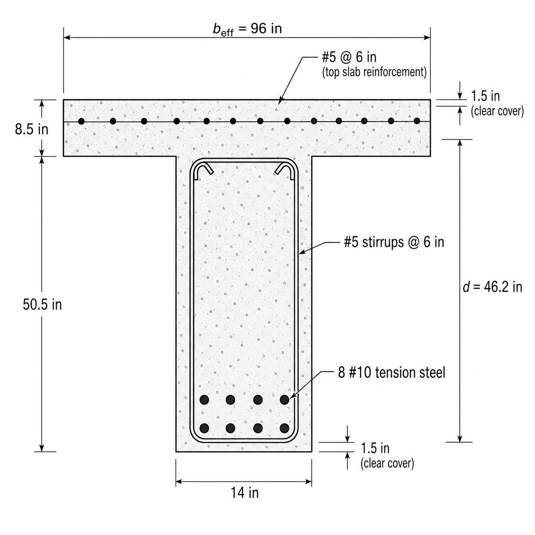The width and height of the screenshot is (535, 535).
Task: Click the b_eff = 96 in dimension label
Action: [x=247, y=29]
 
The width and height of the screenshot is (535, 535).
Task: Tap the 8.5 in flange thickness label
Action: [x=32, y=130]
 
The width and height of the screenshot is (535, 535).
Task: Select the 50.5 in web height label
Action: [x=42, y=305]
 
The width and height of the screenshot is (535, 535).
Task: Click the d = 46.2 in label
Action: [x=492, y=287]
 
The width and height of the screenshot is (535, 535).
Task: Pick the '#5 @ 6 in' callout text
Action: [x=349, y=57]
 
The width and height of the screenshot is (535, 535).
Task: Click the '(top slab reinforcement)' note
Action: [x=374, y=72]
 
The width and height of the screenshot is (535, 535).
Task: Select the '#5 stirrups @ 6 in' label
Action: [x=394, y=242]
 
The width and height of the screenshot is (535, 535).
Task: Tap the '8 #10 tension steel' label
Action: [x=392, y=372]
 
